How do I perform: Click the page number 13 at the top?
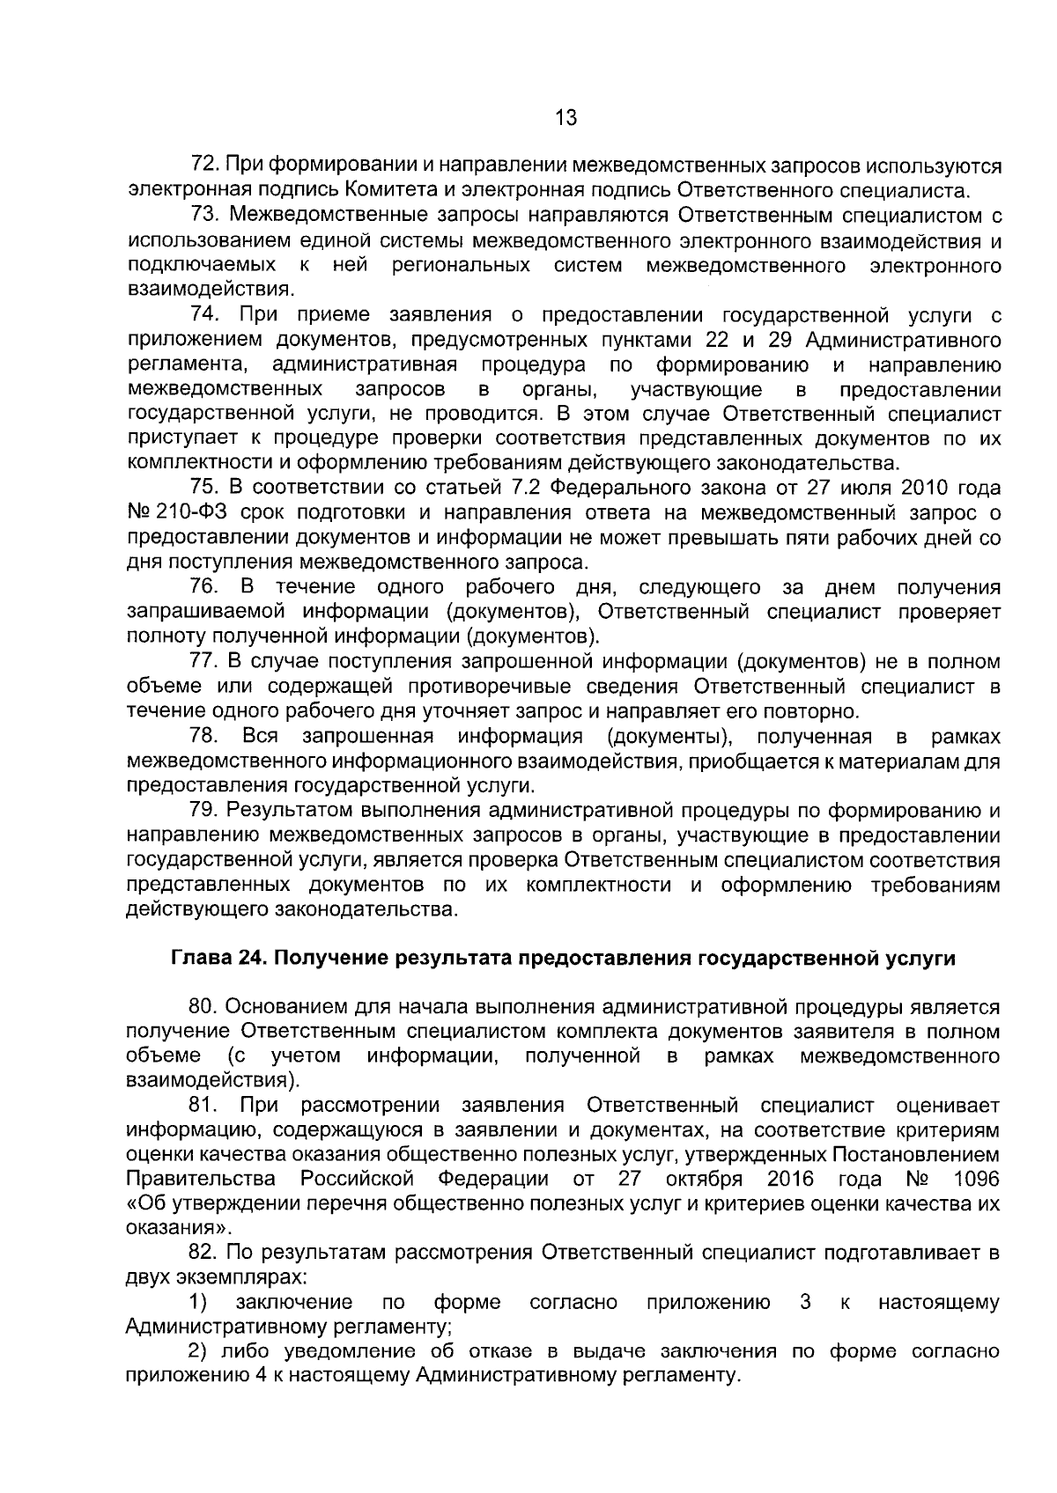[565, 116]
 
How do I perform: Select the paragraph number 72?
[204, 165]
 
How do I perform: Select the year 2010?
[934, 488]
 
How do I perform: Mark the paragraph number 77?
[204, 661]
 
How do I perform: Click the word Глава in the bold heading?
[199, 959]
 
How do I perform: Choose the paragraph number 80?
[204, 1006]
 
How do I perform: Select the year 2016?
[790, 1179]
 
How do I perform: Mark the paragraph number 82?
[204, 1253]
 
